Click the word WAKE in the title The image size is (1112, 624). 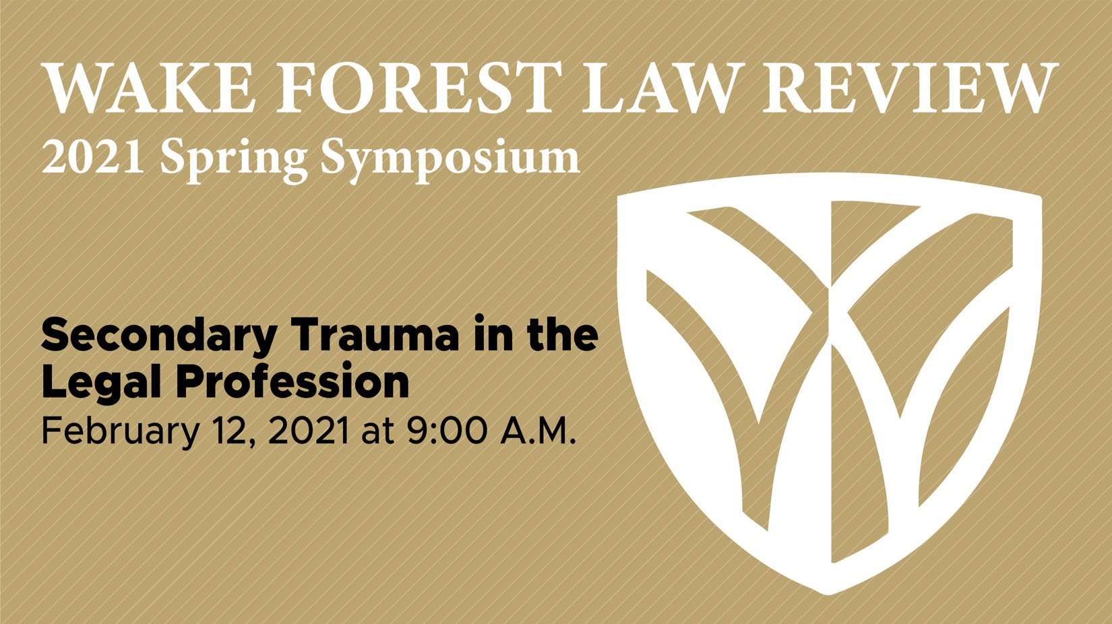[148, 88]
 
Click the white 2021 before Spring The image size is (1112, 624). [93, 157]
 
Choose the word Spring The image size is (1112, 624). [234, 160]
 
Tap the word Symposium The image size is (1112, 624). [450, 160]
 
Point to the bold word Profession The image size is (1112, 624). [292, 383]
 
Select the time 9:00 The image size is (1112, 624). [446, 431]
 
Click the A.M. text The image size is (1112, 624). [538, 431]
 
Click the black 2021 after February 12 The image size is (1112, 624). [309, 431]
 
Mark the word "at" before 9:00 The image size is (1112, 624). [377, 431]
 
